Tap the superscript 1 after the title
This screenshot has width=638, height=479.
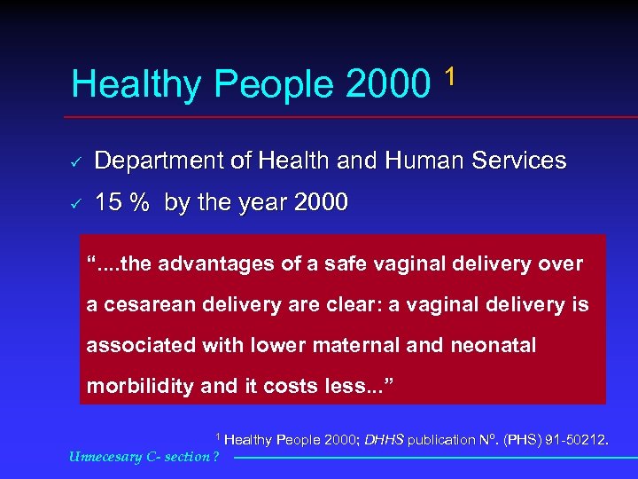click(x=451, y=76)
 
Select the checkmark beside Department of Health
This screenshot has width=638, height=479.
click(x=76, y=162)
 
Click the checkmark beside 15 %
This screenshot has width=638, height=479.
click(x=76, y=204)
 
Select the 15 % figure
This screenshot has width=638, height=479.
click(x=122, y=203)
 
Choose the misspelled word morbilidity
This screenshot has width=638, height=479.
click(x=151, y=387)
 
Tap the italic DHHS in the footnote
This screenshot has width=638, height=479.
click(x=384, y=440)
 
